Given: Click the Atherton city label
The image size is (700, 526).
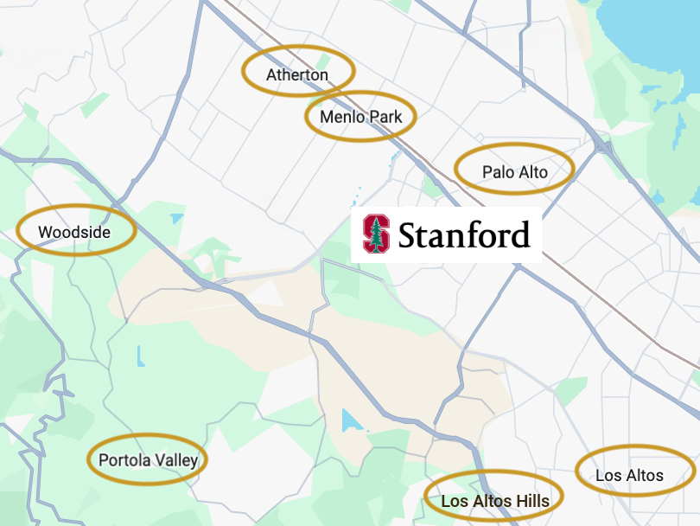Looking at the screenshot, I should (x=297, y=75).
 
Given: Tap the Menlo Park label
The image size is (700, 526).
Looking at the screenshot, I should (x=360, y=117).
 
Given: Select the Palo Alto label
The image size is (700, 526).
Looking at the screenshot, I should (x=515, y=172).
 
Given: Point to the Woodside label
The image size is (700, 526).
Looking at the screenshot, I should (x=75, y=232).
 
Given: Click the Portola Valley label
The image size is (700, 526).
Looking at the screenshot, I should (x=148, y=460).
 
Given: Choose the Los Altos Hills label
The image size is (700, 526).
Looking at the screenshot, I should (x=494, y=500).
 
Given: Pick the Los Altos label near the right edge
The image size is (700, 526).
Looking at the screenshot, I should (x=630, y=475).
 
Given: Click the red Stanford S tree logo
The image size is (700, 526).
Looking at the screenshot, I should (x=376, y=234).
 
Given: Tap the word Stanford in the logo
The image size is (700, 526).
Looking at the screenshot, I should (x=464, y=234).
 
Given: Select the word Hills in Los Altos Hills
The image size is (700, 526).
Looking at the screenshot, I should (x=532, y=500).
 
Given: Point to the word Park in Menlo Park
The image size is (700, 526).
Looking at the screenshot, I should (x=385, y=117).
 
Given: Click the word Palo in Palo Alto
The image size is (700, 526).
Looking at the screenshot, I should (x=498, y=172).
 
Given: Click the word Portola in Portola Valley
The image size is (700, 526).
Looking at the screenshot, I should (x=125, y=460).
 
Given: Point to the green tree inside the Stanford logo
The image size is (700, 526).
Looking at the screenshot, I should (x=376, y=234).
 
